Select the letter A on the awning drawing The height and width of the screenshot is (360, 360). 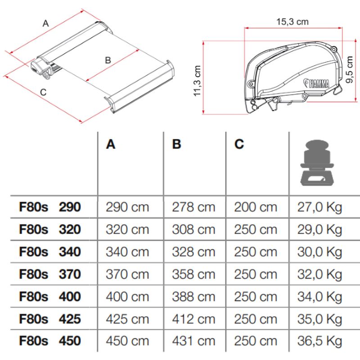(45, 24)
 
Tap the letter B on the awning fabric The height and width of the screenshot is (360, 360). (108, 60)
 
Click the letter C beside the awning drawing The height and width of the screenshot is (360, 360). (43, 92)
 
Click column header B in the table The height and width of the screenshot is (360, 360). (176, 144)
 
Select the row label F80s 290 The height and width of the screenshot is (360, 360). (50, 207)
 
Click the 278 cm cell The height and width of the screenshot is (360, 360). (193, 207)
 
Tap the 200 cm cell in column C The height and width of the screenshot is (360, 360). (256, 207)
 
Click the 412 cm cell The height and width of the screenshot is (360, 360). (193, 319)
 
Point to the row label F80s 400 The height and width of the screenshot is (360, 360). (50, 297)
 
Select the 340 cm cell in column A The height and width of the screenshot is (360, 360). (127, 252)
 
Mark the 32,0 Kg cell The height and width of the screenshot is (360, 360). (319, 274)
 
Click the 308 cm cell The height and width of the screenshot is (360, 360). (193, 230)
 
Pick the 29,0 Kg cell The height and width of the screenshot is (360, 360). (319, 230)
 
